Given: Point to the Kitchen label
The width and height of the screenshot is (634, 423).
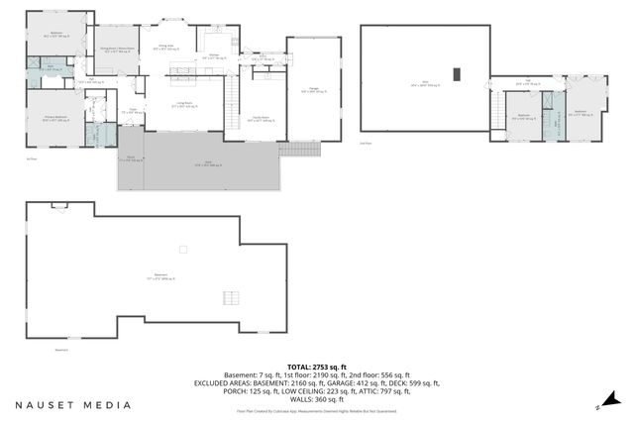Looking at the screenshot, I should pos(214,56).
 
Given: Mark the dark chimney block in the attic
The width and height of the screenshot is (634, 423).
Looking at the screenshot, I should pos(456,73).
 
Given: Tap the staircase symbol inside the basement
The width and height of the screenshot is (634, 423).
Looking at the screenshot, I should pos(231,298).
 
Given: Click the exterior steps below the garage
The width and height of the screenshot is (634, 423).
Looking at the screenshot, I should pos(297,149).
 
